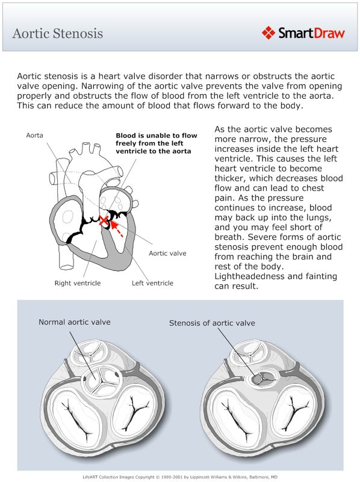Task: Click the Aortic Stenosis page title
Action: [58, 33]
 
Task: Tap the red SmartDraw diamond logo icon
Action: [269, 33]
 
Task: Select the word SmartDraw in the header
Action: [311, 33]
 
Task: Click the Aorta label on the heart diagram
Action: [34, 136]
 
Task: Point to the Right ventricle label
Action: [78, 283]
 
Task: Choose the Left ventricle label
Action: [152, 283]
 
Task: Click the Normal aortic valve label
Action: [75, 322]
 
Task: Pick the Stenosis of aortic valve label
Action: [211, 323]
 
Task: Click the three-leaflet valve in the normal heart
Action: [101, 378]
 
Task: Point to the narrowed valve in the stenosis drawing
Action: [258, 378]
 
